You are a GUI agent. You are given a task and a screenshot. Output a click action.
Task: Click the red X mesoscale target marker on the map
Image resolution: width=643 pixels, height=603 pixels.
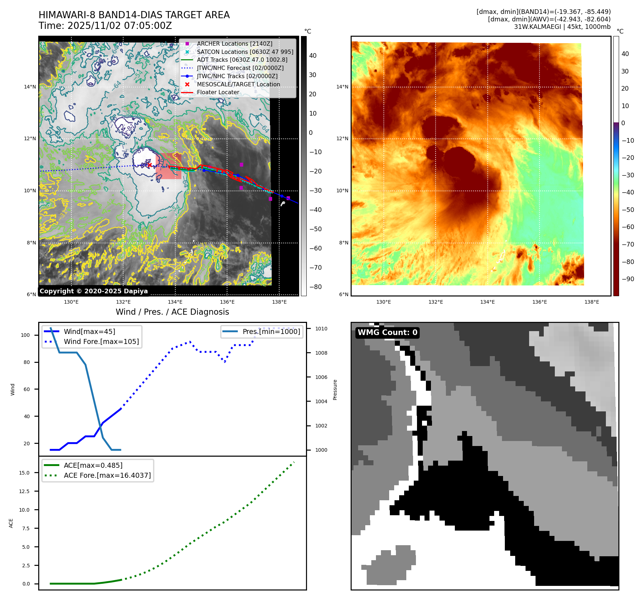[150, 165]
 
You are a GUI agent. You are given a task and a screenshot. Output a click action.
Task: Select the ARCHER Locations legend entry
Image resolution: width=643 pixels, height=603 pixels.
[234, 44]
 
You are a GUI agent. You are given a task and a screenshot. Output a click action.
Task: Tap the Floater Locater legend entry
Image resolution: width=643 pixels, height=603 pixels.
[218, 92]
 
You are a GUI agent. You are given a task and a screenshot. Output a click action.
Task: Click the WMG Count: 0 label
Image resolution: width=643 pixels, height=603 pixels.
[387, 333]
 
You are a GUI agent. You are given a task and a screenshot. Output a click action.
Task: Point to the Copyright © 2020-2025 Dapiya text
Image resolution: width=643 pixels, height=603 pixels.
[94, 291]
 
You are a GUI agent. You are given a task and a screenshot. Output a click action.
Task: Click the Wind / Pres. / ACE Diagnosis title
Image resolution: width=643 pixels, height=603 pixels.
[172, 312]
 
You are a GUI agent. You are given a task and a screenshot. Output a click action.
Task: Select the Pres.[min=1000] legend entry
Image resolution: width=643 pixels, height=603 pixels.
[271, 331]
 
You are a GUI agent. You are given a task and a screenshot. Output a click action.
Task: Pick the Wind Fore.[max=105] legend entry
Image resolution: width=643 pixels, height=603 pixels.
[101, 341]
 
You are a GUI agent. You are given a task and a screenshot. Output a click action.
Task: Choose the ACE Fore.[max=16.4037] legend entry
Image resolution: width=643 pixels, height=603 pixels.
[107, 475]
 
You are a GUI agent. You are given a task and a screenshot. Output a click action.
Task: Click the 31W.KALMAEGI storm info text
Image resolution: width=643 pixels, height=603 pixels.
[562, 27]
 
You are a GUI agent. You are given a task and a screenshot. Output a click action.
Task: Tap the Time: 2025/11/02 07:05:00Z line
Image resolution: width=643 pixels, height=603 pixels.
[105, 26]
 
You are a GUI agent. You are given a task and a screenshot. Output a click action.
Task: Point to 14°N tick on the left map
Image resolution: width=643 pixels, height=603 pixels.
[30, 87]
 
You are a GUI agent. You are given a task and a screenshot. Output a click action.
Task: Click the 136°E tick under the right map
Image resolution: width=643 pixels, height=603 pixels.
[539, 302]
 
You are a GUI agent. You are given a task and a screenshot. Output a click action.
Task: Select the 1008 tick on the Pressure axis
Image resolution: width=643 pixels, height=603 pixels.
[321, 353]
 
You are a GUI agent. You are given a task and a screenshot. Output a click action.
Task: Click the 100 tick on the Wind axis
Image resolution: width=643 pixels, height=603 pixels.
[25, 335]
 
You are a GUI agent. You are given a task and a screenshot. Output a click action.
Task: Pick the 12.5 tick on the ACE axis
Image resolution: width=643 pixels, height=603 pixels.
[24, 491]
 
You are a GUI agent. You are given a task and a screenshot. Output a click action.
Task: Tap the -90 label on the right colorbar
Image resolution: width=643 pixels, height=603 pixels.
[628, 279]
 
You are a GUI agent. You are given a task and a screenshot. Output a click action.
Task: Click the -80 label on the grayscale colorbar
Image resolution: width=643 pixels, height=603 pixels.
[315, 287]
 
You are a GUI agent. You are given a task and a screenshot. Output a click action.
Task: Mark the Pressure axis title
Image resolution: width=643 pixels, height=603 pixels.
[335, 390]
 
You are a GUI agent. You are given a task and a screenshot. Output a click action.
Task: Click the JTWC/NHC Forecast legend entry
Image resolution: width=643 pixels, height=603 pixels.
[240, 68]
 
